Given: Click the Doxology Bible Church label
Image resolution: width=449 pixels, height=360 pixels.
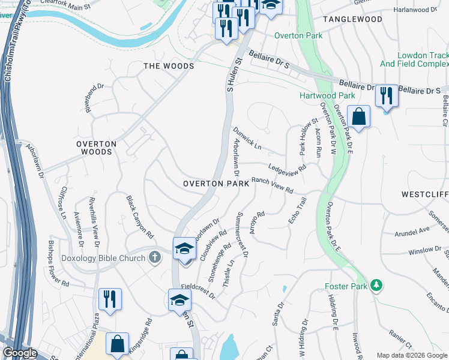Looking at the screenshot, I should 103,258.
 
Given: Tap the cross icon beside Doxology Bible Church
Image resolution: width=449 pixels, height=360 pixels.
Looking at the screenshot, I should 154,258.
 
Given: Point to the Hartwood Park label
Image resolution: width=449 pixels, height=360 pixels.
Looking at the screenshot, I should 327,95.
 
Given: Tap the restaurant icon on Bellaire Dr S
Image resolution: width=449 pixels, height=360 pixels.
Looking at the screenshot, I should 387,95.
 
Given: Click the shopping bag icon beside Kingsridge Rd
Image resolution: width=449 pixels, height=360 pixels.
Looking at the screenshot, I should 117,344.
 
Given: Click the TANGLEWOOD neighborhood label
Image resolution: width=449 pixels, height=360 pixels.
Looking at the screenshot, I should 352,19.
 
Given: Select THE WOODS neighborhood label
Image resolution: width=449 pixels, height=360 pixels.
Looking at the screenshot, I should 168,66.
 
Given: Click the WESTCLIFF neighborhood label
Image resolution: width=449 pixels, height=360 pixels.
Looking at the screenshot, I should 425,195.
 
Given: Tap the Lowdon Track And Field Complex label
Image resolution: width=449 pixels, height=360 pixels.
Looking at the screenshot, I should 414,59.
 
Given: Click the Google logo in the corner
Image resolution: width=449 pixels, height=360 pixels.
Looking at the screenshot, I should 20,353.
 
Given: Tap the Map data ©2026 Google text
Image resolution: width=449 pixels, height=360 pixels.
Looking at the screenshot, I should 411,355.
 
